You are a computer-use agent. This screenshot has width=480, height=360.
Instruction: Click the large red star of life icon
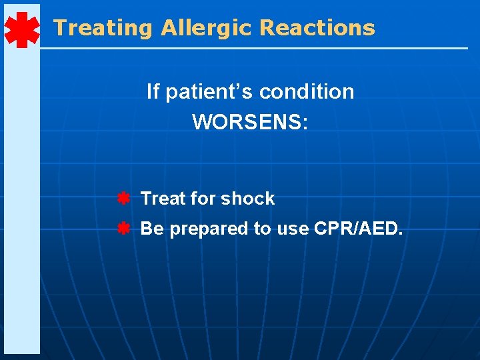tap(21, 30)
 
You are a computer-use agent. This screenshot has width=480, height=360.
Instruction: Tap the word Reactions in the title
tap(317, 28)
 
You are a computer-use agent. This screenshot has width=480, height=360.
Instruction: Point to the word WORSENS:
tap(250, 122)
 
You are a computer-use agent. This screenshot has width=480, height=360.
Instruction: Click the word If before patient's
tap(153, 92)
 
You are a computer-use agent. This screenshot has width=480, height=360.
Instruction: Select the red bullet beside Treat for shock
tap(123, 199)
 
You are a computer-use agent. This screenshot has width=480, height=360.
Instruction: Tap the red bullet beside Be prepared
tap(123, 229)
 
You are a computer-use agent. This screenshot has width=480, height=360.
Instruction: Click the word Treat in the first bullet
tap(163, 199)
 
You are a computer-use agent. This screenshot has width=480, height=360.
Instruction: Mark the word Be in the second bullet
tap(152, 229)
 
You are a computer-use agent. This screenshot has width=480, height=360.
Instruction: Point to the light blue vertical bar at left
tap(21, 200)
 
